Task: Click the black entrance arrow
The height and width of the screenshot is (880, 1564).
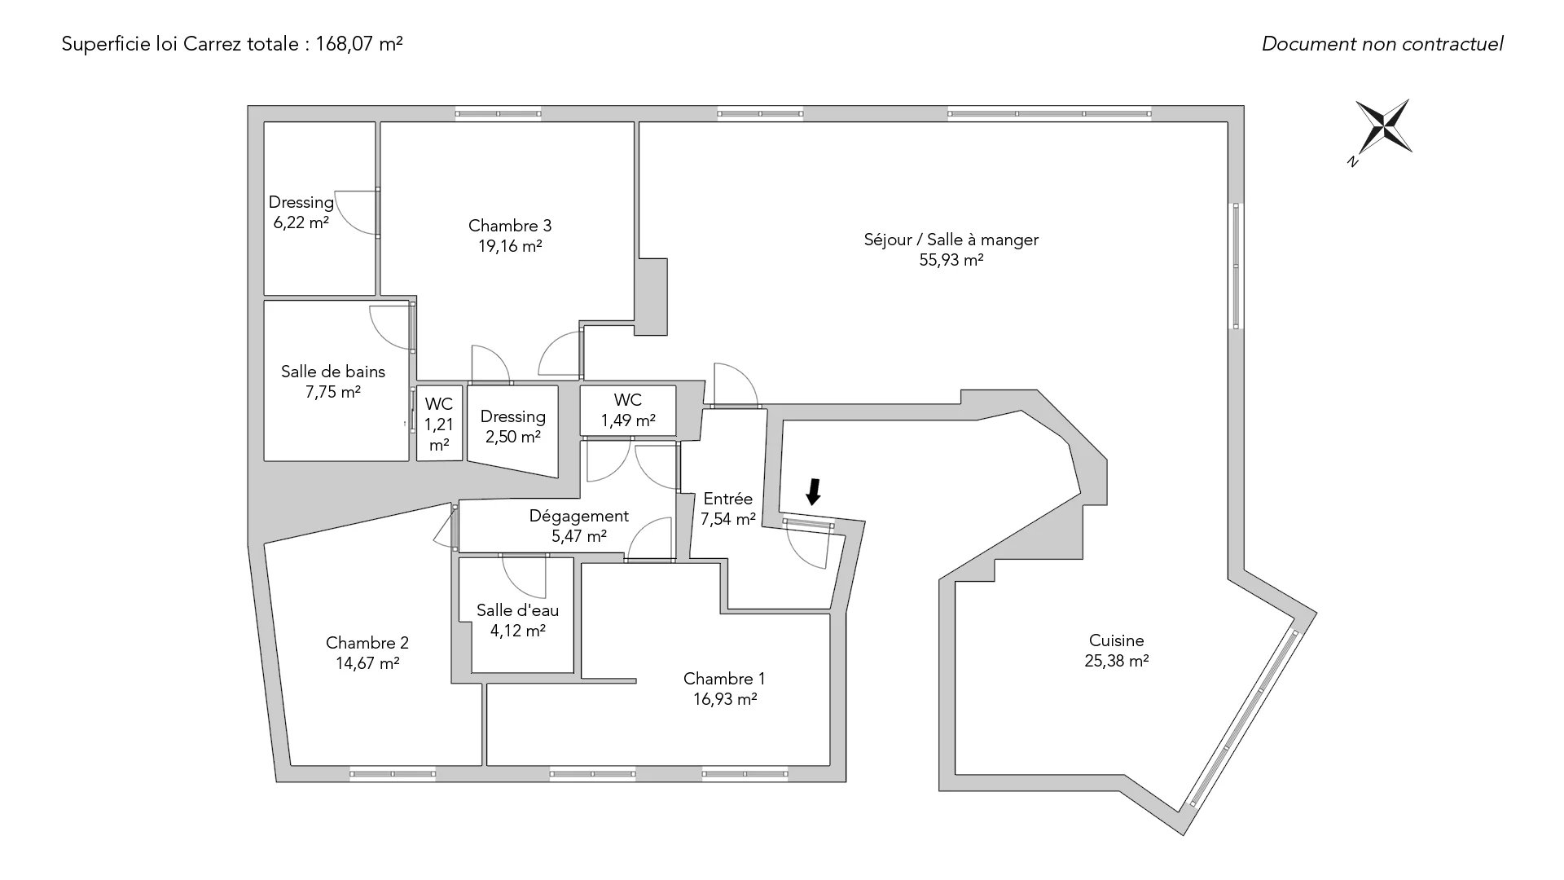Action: (x=813, y=491)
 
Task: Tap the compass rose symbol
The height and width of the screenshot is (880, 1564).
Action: (x=1383, y=127)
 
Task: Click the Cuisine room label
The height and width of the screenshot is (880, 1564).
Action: (x=1116, y=640)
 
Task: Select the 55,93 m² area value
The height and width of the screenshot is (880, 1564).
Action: (x=951, y=260)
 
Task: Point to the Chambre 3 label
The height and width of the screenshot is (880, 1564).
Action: (x=510, y=226)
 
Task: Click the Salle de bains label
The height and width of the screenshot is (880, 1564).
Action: (x=332, y=372)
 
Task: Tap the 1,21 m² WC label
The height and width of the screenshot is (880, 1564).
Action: (x=439, y=424)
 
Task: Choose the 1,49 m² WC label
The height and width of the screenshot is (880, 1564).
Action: (x=628, y=410)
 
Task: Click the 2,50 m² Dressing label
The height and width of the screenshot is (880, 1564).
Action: (x=513, y=426)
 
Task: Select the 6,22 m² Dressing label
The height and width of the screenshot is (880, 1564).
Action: (x=301, y=212)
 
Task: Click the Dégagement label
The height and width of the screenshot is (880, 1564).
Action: (x=578, y=516)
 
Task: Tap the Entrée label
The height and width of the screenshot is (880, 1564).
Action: (x=727, y=499)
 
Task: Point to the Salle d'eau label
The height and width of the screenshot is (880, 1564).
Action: (x=517, y=610)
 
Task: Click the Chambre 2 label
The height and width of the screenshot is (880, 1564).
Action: (x=367, y=643)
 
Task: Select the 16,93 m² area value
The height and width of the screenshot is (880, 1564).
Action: (x=724, y=699)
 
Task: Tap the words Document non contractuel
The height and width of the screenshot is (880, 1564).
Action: (x=1382, y=44)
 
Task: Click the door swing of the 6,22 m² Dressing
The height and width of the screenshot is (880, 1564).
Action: (x=357, y=213)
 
